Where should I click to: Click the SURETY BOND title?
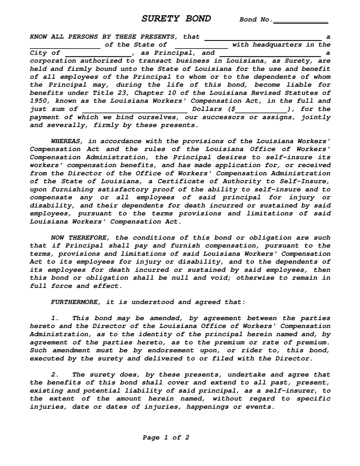[x=176, y=19]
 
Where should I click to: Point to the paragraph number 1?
[x=55, y=318]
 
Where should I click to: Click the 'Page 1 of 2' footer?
[x=166, y=438]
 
